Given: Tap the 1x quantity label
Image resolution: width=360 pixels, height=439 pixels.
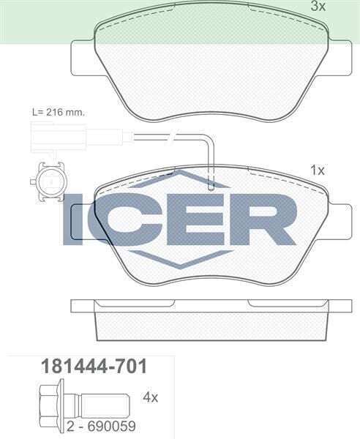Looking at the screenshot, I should coord(317,170).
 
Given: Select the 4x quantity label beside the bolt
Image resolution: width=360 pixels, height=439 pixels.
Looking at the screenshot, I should coord(150,397).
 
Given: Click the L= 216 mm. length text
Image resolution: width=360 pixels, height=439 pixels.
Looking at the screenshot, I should coord(58,112).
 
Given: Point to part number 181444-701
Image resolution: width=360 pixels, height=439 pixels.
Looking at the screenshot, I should coord(91,365).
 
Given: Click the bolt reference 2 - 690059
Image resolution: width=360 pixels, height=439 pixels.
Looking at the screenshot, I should coord(100,424).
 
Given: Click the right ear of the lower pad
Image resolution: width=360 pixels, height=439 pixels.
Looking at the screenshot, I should coord(338,217).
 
